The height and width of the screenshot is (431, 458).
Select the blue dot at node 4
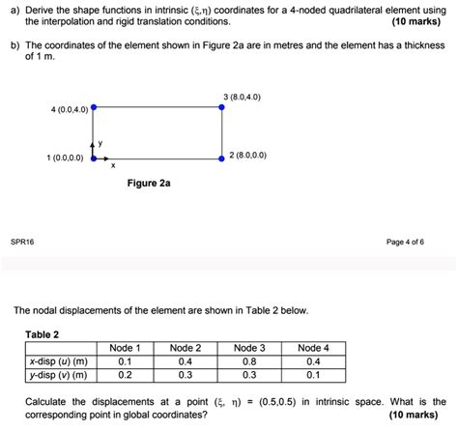pyautogui.click(x=93, y=107)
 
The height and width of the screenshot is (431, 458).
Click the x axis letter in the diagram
pyautogui.click(x=112, y=166)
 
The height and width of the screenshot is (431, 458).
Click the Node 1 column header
pyautogui.click(x=126, y=348)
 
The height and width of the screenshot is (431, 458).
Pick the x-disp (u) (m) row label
pyautogui.click(x=58, y=361)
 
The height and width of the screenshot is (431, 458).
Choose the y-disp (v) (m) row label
pyautogui.click(x=58, y=375)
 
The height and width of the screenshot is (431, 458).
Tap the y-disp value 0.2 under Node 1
pyautogui.click(x=126, y=375)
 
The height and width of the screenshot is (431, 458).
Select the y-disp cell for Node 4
pyautogui.click(x=313, y=375)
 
